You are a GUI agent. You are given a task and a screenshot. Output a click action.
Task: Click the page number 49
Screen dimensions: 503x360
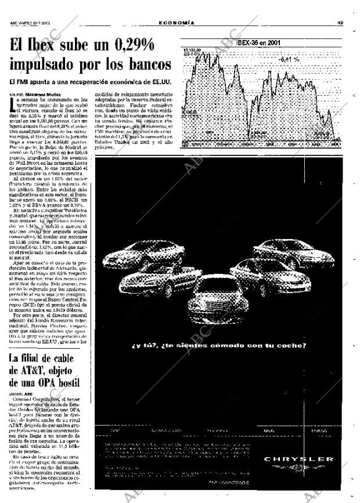pyautogui.click(x=342, y=23)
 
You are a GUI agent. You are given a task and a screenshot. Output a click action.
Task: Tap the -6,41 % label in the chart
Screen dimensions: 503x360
pyautogui.click(x=289, y=59)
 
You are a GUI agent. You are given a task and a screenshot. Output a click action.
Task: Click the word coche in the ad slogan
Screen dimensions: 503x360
pyautogui.click(x=289, y=346)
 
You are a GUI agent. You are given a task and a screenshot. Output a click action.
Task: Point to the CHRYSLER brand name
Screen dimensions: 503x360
pyautogui.click(x=298, y=459)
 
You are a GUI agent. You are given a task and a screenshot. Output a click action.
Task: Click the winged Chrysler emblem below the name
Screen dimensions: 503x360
pyautogui.click(x=298, y=468)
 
